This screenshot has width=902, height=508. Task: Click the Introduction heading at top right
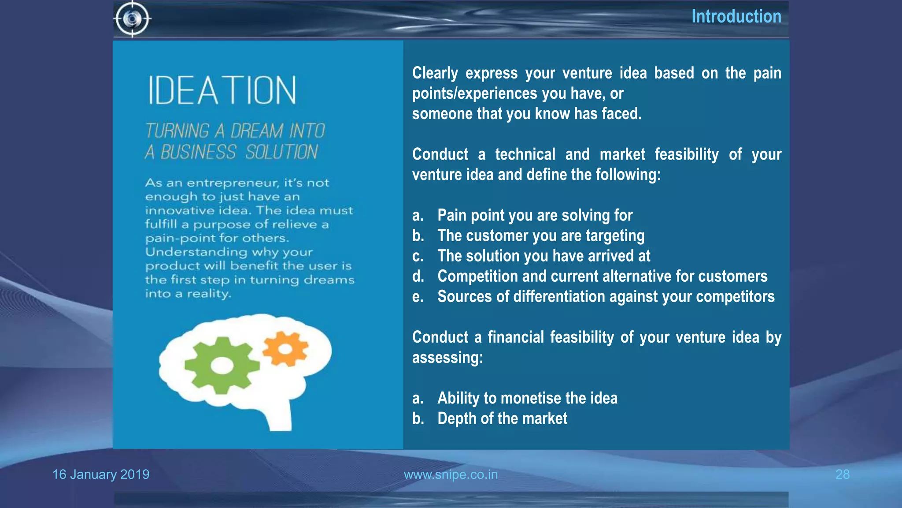tap(736, 17)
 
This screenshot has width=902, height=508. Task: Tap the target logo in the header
tap(133, 19)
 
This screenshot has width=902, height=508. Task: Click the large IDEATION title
tap(222, 90)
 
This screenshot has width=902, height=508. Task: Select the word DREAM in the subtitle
tap(257, 131)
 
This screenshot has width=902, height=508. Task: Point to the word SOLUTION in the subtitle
tap(281, 153)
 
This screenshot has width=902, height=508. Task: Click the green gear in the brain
tap(222, 366)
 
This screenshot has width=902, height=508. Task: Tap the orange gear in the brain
tap(285, 349)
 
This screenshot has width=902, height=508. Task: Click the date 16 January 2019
tap(101, 474)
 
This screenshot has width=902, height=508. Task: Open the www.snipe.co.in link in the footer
tap(451, 474)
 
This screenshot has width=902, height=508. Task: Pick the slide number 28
tap(842, 474)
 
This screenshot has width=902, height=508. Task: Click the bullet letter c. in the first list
tap(418, 256)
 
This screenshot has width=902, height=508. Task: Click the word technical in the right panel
tap(525, 154)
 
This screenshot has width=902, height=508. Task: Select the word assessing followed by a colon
tap(447, 358)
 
